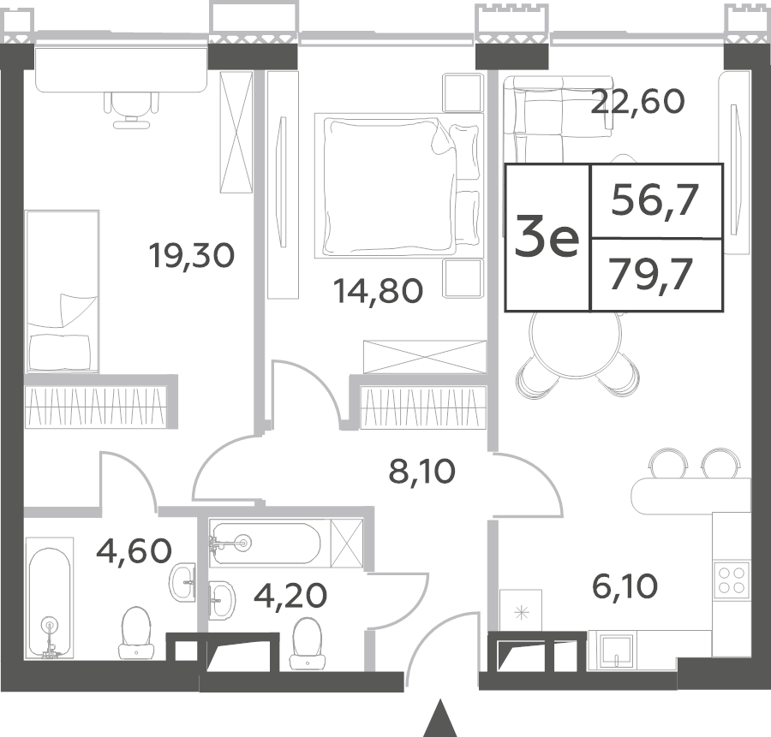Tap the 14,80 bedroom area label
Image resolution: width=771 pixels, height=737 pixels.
378,290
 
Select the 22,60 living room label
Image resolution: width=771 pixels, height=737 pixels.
637,102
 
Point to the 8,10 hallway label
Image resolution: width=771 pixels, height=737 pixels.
421,472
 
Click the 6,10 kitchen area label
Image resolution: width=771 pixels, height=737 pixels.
625,586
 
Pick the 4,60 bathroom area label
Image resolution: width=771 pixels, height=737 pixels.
134,550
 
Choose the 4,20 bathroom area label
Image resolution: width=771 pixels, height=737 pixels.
290,596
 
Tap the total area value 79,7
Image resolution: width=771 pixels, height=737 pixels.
651,275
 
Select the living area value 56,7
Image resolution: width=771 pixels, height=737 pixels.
655,201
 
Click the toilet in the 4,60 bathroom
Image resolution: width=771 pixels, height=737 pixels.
135,633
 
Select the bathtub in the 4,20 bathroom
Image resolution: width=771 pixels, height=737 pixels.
266,543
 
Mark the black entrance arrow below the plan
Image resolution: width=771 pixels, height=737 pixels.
441,718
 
